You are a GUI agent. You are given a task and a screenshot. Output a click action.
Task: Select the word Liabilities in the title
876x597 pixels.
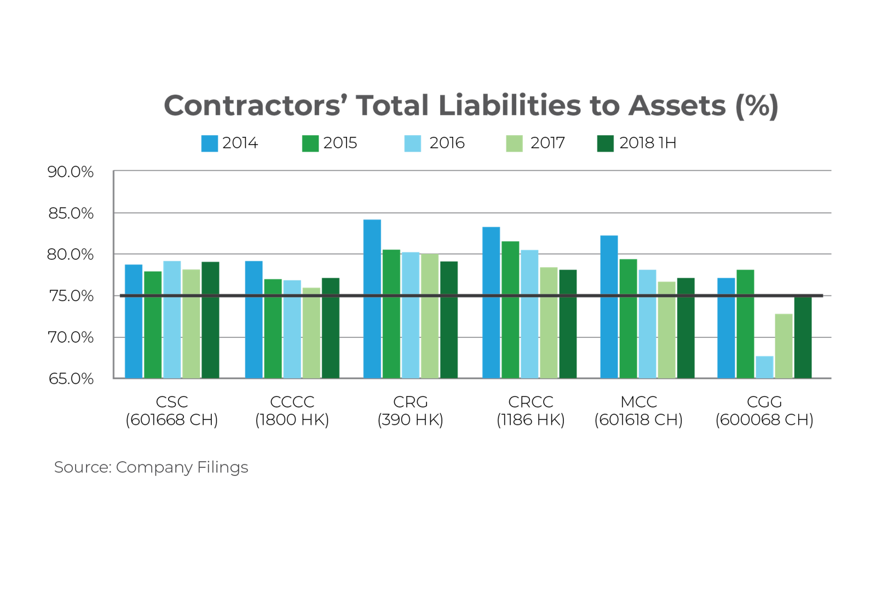[509, 106]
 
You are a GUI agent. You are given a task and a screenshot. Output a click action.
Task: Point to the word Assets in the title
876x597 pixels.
[677, 106]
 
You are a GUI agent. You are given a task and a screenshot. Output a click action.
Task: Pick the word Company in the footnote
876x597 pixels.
[154, 468]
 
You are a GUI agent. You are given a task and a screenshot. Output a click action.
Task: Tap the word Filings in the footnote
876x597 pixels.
[222, 468]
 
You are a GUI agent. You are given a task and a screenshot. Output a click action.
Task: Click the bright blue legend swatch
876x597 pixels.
[210, 143]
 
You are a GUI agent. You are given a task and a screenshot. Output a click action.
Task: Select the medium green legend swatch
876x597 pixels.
[310, 143]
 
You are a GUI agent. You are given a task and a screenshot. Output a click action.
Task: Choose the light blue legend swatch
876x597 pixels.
[412, 143]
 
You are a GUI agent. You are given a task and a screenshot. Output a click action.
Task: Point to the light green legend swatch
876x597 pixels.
[514, 143]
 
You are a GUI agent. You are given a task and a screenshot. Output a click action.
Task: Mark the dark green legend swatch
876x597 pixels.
[605, 143]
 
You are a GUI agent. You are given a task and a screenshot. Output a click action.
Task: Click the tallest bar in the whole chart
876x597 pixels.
[372, 298]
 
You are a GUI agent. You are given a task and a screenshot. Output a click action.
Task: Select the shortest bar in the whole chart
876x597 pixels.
[764, 366]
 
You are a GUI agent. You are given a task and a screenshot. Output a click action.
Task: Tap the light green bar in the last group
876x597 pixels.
[783, 345]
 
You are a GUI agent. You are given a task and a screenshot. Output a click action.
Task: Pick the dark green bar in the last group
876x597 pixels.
[803, 337]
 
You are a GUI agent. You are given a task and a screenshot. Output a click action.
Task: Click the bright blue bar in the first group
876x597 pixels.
[134, 321]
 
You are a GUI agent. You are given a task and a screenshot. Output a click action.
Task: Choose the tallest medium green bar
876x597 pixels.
[510, 309]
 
